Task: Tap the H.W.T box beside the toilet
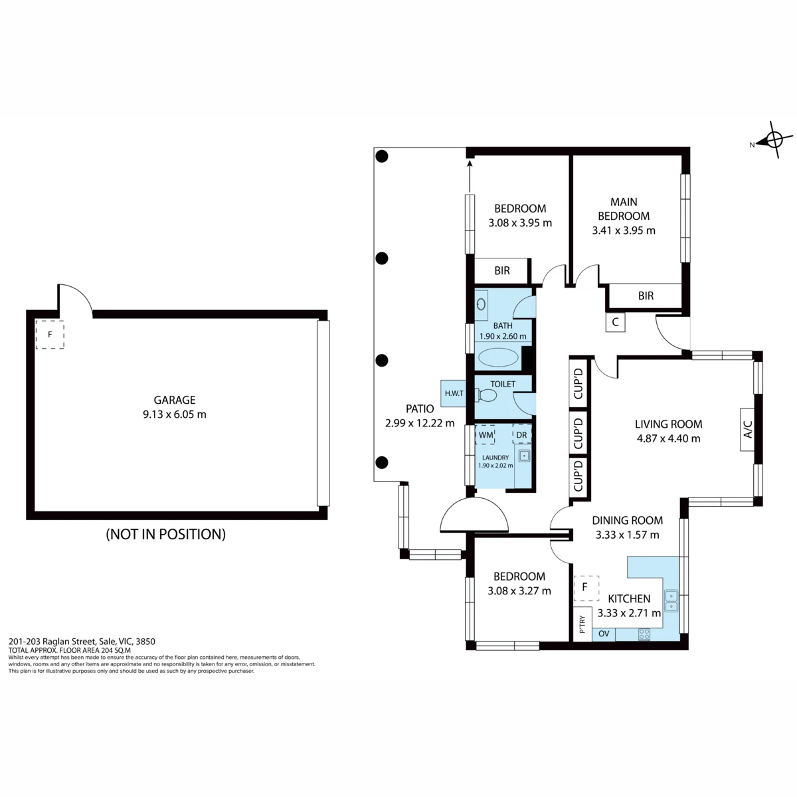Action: [x=454, y=393]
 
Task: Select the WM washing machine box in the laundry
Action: [x=486, y=434]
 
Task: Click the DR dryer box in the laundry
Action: [x=521, y=434]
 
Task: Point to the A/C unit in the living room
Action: [x=747, y=429]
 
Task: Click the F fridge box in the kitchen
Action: [x=586, y=588]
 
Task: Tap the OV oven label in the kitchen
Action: [x=604, y=633]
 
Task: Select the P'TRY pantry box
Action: [x=582, y=624]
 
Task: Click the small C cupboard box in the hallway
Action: [x=615, y=322]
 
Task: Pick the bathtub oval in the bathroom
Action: [x=498, y=358]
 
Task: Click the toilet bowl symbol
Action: [x=486, y=395]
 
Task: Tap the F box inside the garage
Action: [x=50, y=335]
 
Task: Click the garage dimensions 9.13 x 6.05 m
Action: [x=175, y=414]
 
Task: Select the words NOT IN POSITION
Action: [x=166, y=534]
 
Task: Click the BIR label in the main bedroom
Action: [x=646, y=296]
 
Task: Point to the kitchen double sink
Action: [x=671, y=601]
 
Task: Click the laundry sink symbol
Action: [x=525, y=456]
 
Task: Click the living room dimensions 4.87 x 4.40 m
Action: [x=668, y=438]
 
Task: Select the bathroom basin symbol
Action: [x=481, y=304]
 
